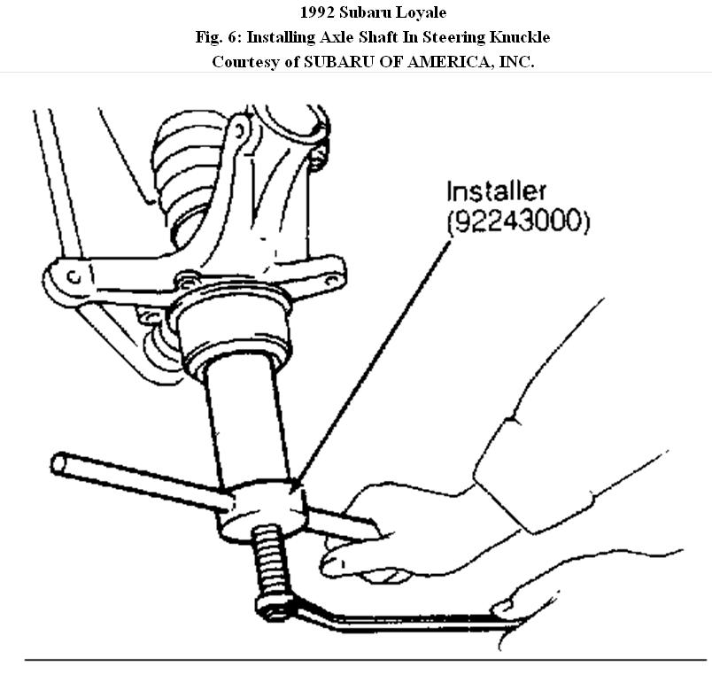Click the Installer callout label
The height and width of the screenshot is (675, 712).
[x=496, y=192]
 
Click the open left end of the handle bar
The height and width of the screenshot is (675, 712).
[x=60, y=463]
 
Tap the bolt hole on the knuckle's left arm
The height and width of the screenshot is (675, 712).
[x=74, y=277]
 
